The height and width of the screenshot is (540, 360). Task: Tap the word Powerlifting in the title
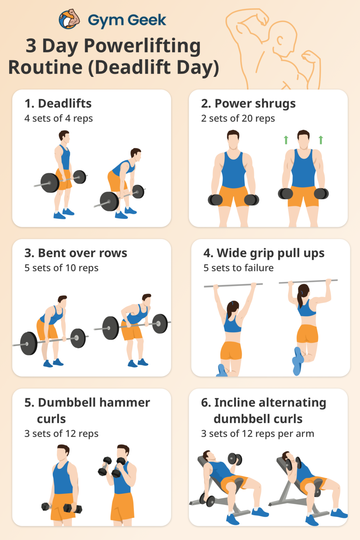[142, 46]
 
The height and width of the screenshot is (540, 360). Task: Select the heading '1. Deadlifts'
[58, 103]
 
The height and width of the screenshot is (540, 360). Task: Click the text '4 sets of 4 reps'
[58, 118]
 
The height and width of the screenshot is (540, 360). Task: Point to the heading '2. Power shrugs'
[248, 103]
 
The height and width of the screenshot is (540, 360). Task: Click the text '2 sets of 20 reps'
[238, 118]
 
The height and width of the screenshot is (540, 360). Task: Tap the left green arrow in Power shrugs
[286, 140]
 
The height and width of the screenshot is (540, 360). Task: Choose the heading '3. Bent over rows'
[76, 253]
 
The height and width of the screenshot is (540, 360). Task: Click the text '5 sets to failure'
[238, 268]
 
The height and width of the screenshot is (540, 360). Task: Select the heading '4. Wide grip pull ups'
[264, 253]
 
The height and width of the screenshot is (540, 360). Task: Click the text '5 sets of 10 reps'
[61, 268]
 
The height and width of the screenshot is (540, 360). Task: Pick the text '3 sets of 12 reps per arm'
[257, 434]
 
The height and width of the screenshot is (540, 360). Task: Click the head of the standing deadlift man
[64, 136]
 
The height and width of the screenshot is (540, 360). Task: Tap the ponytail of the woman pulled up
[300, 299]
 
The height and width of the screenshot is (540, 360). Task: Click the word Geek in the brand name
[147, 20]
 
